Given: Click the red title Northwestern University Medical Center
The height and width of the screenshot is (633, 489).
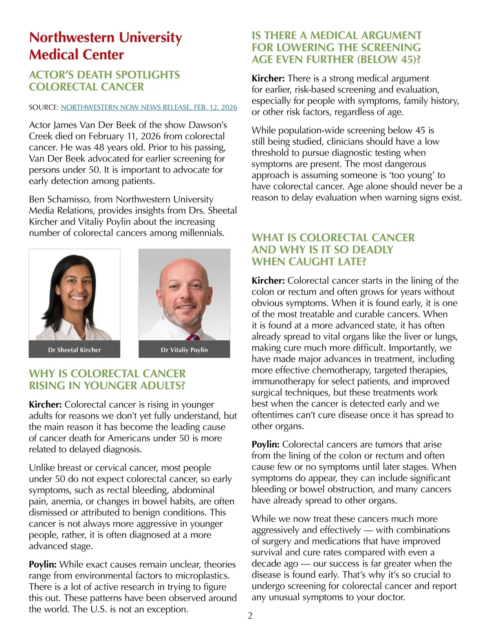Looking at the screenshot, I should click(105, 46).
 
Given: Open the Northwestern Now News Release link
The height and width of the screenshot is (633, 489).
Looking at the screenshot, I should click(149, 107).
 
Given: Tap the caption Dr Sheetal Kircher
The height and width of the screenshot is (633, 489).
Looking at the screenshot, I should click(74, 350).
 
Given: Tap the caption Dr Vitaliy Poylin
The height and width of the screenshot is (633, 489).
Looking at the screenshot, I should click(184, 350).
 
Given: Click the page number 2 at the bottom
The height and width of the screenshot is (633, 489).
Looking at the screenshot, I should click(250, 615).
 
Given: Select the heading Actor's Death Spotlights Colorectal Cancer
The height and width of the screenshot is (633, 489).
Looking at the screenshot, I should click(104, 81).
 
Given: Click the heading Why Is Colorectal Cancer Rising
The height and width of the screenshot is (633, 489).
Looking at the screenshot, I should click(107, 379).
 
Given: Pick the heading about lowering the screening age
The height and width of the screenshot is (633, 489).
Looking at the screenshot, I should click(337, 47).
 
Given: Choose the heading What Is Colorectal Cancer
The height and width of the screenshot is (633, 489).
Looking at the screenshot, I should click(333, 249).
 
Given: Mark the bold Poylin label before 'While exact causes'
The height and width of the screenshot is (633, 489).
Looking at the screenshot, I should click(43, 565).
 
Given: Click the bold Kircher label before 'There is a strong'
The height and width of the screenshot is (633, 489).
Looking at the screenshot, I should click(268, 78).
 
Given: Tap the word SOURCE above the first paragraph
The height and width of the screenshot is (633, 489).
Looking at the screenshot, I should click(44, 107).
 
